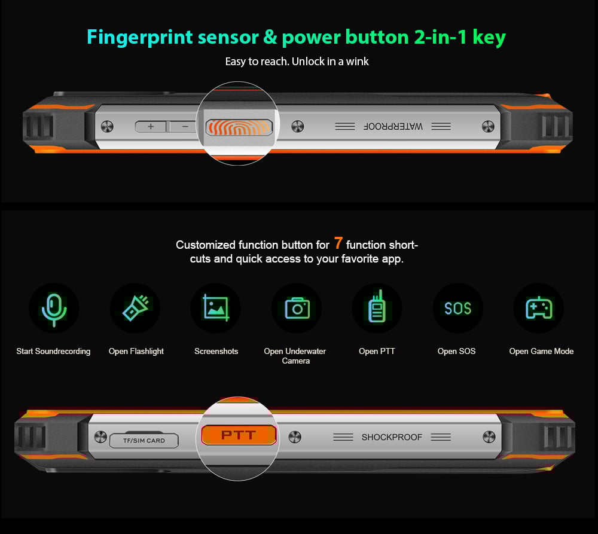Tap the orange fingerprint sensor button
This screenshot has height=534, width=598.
(x=239, y=127)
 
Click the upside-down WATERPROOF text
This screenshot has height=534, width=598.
(x=393, y=126)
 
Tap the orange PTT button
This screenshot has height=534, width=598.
(x=239, y=435)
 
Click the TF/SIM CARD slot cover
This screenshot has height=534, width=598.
(x=144, y=441)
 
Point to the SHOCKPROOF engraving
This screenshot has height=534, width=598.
(x=392, y=437)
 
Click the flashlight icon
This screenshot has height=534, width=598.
(x=135, y=308)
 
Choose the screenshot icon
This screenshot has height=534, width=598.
(x=216, y=308)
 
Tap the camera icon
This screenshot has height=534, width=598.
(x=297, y=308)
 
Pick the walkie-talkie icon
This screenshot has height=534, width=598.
(x=377, y=306)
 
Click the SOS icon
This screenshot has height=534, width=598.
(x=457, y=308)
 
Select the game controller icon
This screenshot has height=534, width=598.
(x=539, y=308)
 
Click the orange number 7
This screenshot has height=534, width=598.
(x=338, y=243)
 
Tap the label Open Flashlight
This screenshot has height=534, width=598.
(x=136, y=351)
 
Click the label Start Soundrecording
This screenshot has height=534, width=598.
(x=53, y=351)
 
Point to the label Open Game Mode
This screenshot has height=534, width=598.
(x=541, y=351)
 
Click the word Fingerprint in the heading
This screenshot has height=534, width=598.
(x=140, y=38)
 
